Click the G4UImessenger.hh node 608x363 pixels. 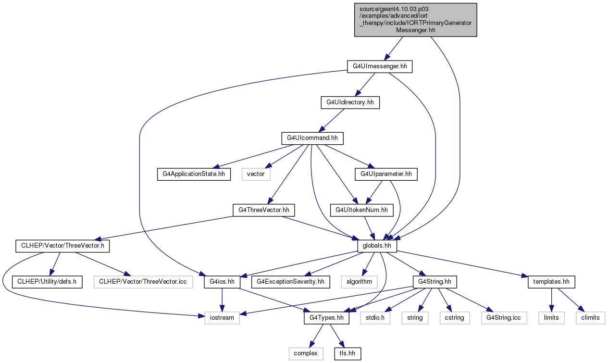(x=379, y=66)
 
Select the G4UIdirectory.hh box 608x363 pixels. (x=350, y=102)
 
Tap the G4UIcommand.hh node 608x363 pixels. (x=312, y=138)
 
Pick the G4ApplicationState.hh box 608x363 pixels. (x=194, y=174)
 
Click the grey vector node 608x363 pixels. (x=256, y=174)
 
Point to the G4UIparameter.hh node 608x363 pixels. (x=386, y=174)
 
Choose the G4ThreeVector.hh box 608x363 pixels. (x=263, y=210)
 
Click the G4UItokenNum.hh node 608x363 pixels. (x=361, y=210)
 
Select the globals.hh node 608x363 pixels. (x=377, y=246)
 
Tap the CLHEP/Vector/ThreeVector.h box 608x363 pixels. (x=62, y=246)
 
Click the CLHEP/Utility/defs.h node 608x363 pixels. (x=47, y=282)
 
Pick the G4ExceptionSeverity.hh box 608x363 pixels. (x=290, y=282)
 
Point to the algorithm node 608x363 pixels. (x=359, y=282)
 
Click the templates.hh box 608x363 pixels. (x=551, y=282)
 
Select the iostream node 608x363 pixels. (x=222, y=318)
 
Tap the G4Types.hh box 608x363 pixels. (x=326, y=318)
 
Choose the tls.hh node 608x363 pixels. (x=347, y=353)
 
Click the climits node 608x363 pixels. (x=590, y=318)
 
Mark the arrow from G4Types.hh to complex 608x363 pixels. (x=316, y=336)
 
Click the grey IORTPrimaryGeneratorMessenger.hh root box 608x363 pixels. (x=415, y=20)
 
